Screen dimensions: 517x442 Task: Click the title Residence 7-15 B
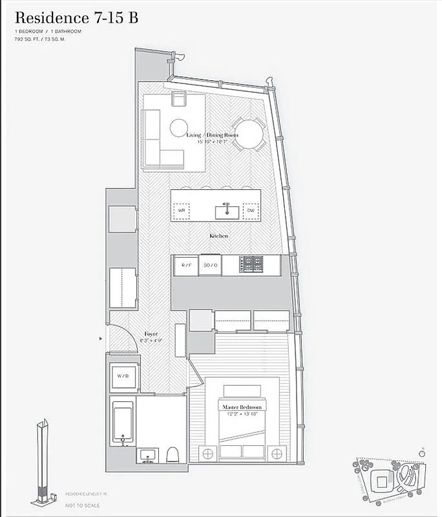pos(76,17)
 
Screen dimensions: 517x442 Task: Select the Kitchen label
pos(218,237)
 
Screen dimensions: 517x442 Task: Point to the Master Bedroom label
pos(242,407)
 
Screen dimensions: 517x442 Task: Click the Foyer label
pos(151,334)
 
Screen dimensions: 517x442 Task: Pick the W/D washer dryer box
pos(123,375)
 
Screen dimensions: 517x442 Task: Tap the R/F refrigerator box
pos(185,265)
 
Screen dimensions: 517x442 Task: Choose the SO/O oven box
pos(211,265)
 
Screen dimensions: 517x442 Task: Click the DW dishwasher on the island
pos(251,211)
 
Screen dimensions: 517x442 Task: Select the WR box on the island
pos(182,211)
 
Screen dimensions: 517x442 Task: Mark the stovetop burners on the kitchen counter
pos(251,264)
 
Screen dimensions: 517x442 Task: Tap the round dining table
pos(247,135)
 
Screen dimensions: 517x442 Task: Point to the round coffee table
pos(179,127)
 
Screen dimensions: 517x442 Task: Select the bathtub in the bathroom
pos(122,423)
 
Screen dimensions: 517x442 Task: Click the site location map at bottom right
pos(390,479)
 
